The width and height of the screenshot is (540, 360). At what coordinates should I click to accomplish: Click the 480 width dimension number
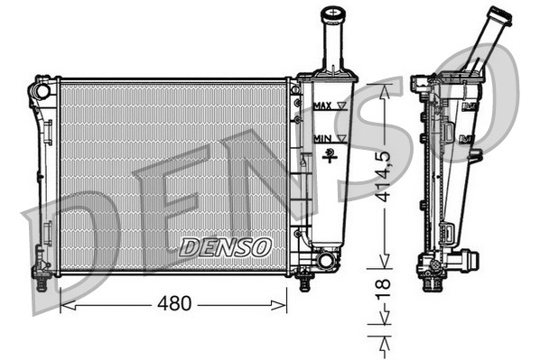[x=173, y=304]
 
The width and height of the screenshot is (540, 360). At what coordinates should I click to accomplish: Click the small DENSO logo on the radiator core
[x=224, y=245]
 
